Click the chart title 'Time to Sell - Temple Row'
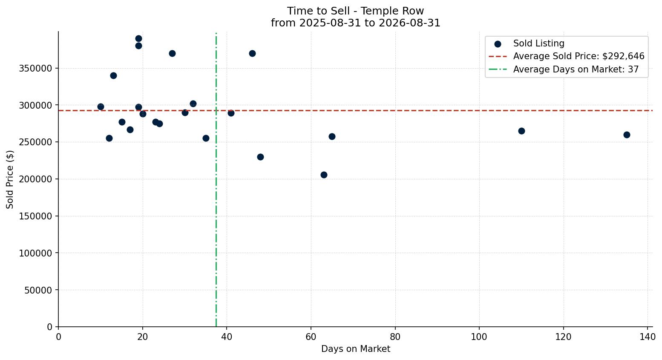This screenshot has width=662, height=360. (356, 11)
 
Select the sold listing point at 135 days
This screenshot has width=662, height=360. (627, 135)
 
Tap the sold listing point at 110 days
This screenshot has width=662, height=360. (521, 131)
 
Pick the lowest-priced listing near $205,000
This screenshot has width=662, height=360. (324, 175)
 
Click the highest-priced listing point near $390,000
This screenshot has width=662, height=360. (138, 39)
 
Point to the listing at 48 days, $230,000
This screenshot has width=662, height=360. (260, 157)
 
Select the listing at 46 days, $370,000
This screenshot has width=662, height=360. (252, 54)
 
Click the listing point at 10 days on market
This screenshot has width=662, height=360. (101, 107)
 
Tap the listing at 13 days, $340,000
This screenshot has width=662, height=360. (113, 76)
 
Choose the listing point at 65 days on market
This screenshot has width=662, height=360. (332, 137)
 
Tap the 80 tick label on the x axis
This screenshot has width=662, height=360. (395, 337)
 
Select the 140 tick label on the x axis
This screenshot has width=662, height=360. (647, 337)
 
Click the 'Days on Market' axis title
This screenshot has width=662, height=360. (356, 349)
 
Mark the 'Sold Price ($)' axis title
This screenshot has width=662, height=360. (10, 179)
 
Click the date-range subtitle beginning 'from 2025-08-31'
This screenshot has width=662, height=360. (356, 23)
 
